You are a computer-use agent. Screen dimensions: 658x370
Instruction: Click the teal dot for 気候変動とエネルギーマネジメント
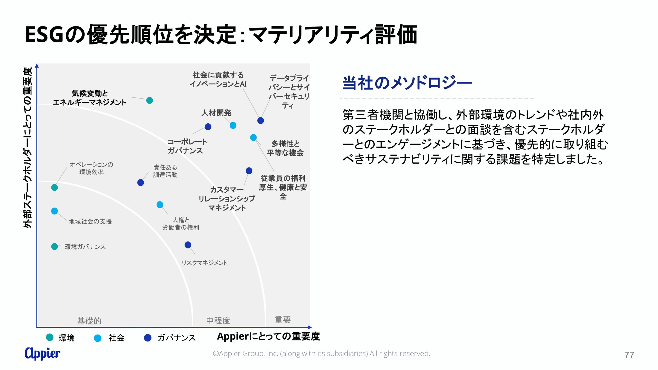(x=149, y=100)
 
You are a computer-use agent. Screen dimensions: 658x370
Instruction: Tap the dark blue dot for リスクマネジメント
(x=188, y=245)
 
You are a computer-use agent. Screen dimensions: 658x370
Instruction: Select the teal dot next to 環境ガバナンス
(x=54, y=247)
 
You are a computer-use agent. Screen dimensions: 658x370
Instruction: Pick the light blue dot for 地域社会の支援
(x=54, y=211)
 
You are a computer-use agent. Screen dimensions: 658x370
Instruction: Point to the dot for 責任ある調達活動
(x=141, y=183)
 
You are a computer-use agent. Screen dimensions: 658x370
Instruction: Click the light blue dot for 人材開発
(x=233, y=125)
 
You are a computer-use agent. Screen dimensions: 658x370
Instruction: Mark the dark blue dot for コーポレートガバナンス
(x=208, y=127)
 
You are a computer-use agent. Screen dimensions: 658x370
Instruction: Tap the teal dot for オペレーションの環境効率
(x=54, y=188)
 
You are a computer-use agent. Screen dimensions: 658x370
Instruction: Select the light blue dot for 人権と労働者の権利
(x=160, y=205)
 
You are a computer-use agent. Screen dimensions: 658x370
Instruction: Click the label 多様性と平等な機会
(x=285, y=148)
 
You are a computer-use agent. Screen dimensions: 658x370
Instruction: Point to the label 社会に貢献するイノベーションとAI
(x=218, y=79)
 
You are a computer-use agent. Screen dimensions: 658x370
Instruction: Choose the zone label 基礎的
(x=89, y=321)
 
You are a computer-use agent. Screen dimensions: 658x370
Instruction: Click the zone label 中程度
(x=218, y=320)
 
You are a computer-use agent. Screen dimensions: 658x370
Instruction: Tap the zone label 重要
(x=283, y=320)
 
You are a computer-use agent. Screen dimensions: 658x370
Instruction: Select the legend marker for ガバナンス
(x=148, y=338)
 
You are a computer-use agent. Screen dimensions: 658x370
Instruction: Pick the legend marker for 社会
(x=98, y=338)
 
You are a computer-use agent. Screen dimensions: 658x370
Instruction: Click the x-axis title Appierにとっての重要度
(x=268, y=336)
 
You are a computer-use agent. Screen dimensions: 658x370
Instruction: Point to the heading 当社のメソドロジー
(x=407, y=83)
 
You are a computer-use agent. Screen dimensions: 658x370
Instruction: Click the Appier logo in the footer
(x=42, y=354)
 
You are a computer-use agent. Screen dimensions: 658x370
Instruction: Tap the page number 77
(x=629, y=355)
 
